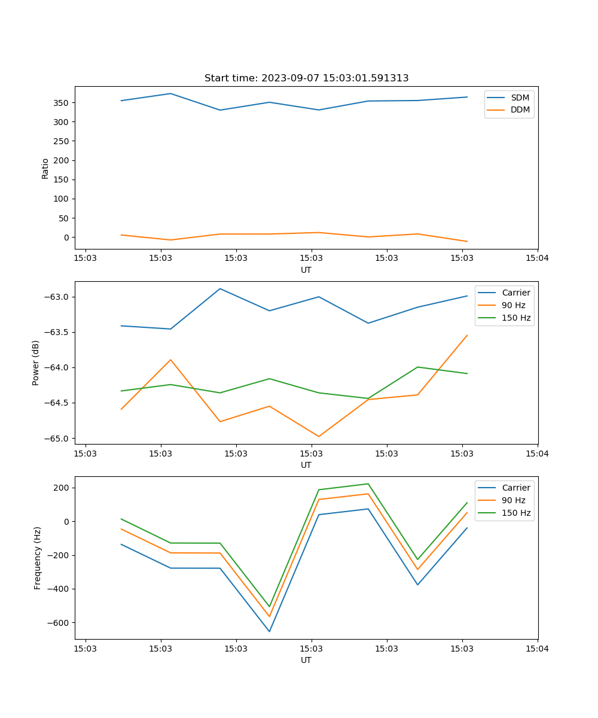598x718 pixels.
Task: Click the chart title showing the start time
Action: pos(306,78)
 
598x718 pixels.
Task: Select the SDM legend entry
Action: pos(520,98)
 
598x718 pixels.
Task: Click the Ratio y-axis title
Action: pos(45,168)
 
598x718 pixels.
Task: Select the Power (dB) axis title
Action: pos(36,363)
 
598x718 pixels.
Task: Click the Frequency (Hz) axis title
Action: pos(38,558)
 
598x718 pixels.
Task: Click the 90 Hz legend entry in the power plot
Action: pos(513,305)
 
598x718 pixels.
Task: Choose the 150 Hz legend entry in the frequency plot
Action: pos(516,513)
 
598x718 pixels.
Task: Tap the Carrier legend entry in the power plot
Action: pos(515,293)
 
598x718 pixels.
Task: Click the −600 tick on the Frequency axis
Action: pos(57,623)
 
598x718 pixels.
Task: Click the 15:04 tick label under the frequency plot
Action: pos(537,648)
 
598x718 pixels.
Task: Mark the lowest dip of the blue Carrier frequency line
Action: pos(269,631)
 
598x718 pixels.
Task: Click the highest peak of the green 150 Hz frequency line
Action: pos(368,484)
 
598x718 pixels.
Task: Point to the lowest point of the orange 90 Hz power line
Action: pos(318,436)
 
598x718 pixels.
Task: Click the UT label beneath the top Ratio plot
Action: pos(306,270)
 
